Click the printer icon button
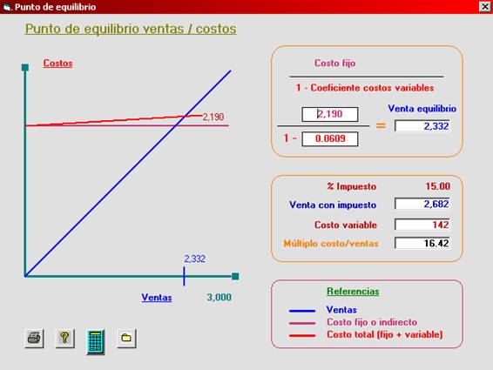coord(34,339)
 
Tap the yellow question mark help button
coord(64,339)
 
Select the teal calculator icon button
coord(96,342)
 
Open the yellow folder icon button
coord(126,339)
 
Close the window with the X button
coord(484,7)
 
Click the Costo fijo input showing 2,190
coord(330,114)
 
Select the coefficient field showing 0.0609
coord(330,139)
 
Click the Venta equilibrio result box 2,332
coord(422,126)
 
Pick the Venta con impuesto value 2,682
coord(422,204)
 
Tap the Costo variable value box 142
coord(422,225)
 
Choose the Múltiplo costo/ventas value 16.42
coord(422,243)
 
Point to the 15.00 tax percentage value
coord(437,186)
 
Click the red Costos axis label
coord(57,64)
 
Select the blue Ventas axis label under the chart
coord(157,298)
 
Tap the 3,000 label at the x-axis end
coord(219,298)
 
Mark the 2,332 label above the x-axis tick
coord(194,259)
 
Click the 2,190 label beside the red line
coord(213,117)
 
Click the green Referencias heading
coord(353,292)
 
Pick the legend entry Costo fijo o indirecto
coord(372,322)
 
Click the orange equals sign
coord(381,126)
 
